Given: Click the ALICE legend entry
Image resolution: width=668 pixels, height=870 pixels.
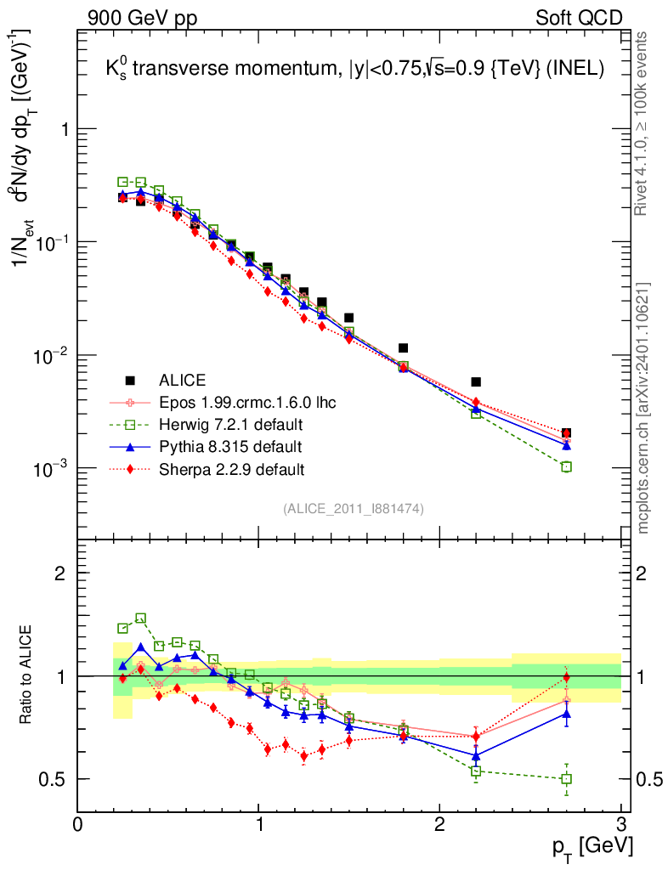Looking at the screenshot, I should [184, 380].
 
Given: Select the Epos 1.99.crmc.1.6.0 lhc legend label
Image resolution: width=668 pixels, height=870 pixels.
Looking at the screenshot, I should [235, 402].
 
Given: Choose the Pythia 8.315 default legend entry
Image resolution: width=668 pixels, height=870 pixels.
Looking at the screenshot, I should [230, 446].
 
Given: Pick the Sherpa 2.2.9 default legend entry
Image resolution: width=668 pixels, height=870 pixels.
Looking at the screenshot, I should [231, 468].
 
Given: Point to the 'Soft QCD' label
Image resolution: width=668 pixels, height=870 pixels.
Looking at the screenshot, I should [578, 18].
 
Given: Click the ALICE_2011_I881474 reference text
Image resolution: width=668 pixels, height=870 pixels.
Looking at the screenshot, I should [354, 508].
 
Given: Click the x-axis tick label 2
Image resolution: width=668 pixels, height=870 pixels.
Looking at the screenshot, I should [439, 824].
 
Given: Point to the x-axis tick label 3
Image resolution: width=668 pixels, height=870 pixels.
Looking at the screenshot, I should [620, 824].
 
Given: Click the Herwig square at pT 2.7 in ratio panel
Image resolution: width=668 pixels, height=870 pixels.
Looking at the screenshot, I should [567, 778].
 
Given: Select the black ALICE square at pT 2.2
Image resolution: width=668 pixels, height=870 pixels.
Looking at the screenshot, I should [476, 382].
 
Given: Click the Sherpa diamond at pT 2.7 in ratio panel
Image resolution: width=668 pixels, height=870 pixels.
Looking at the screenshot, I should [567, 677].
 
